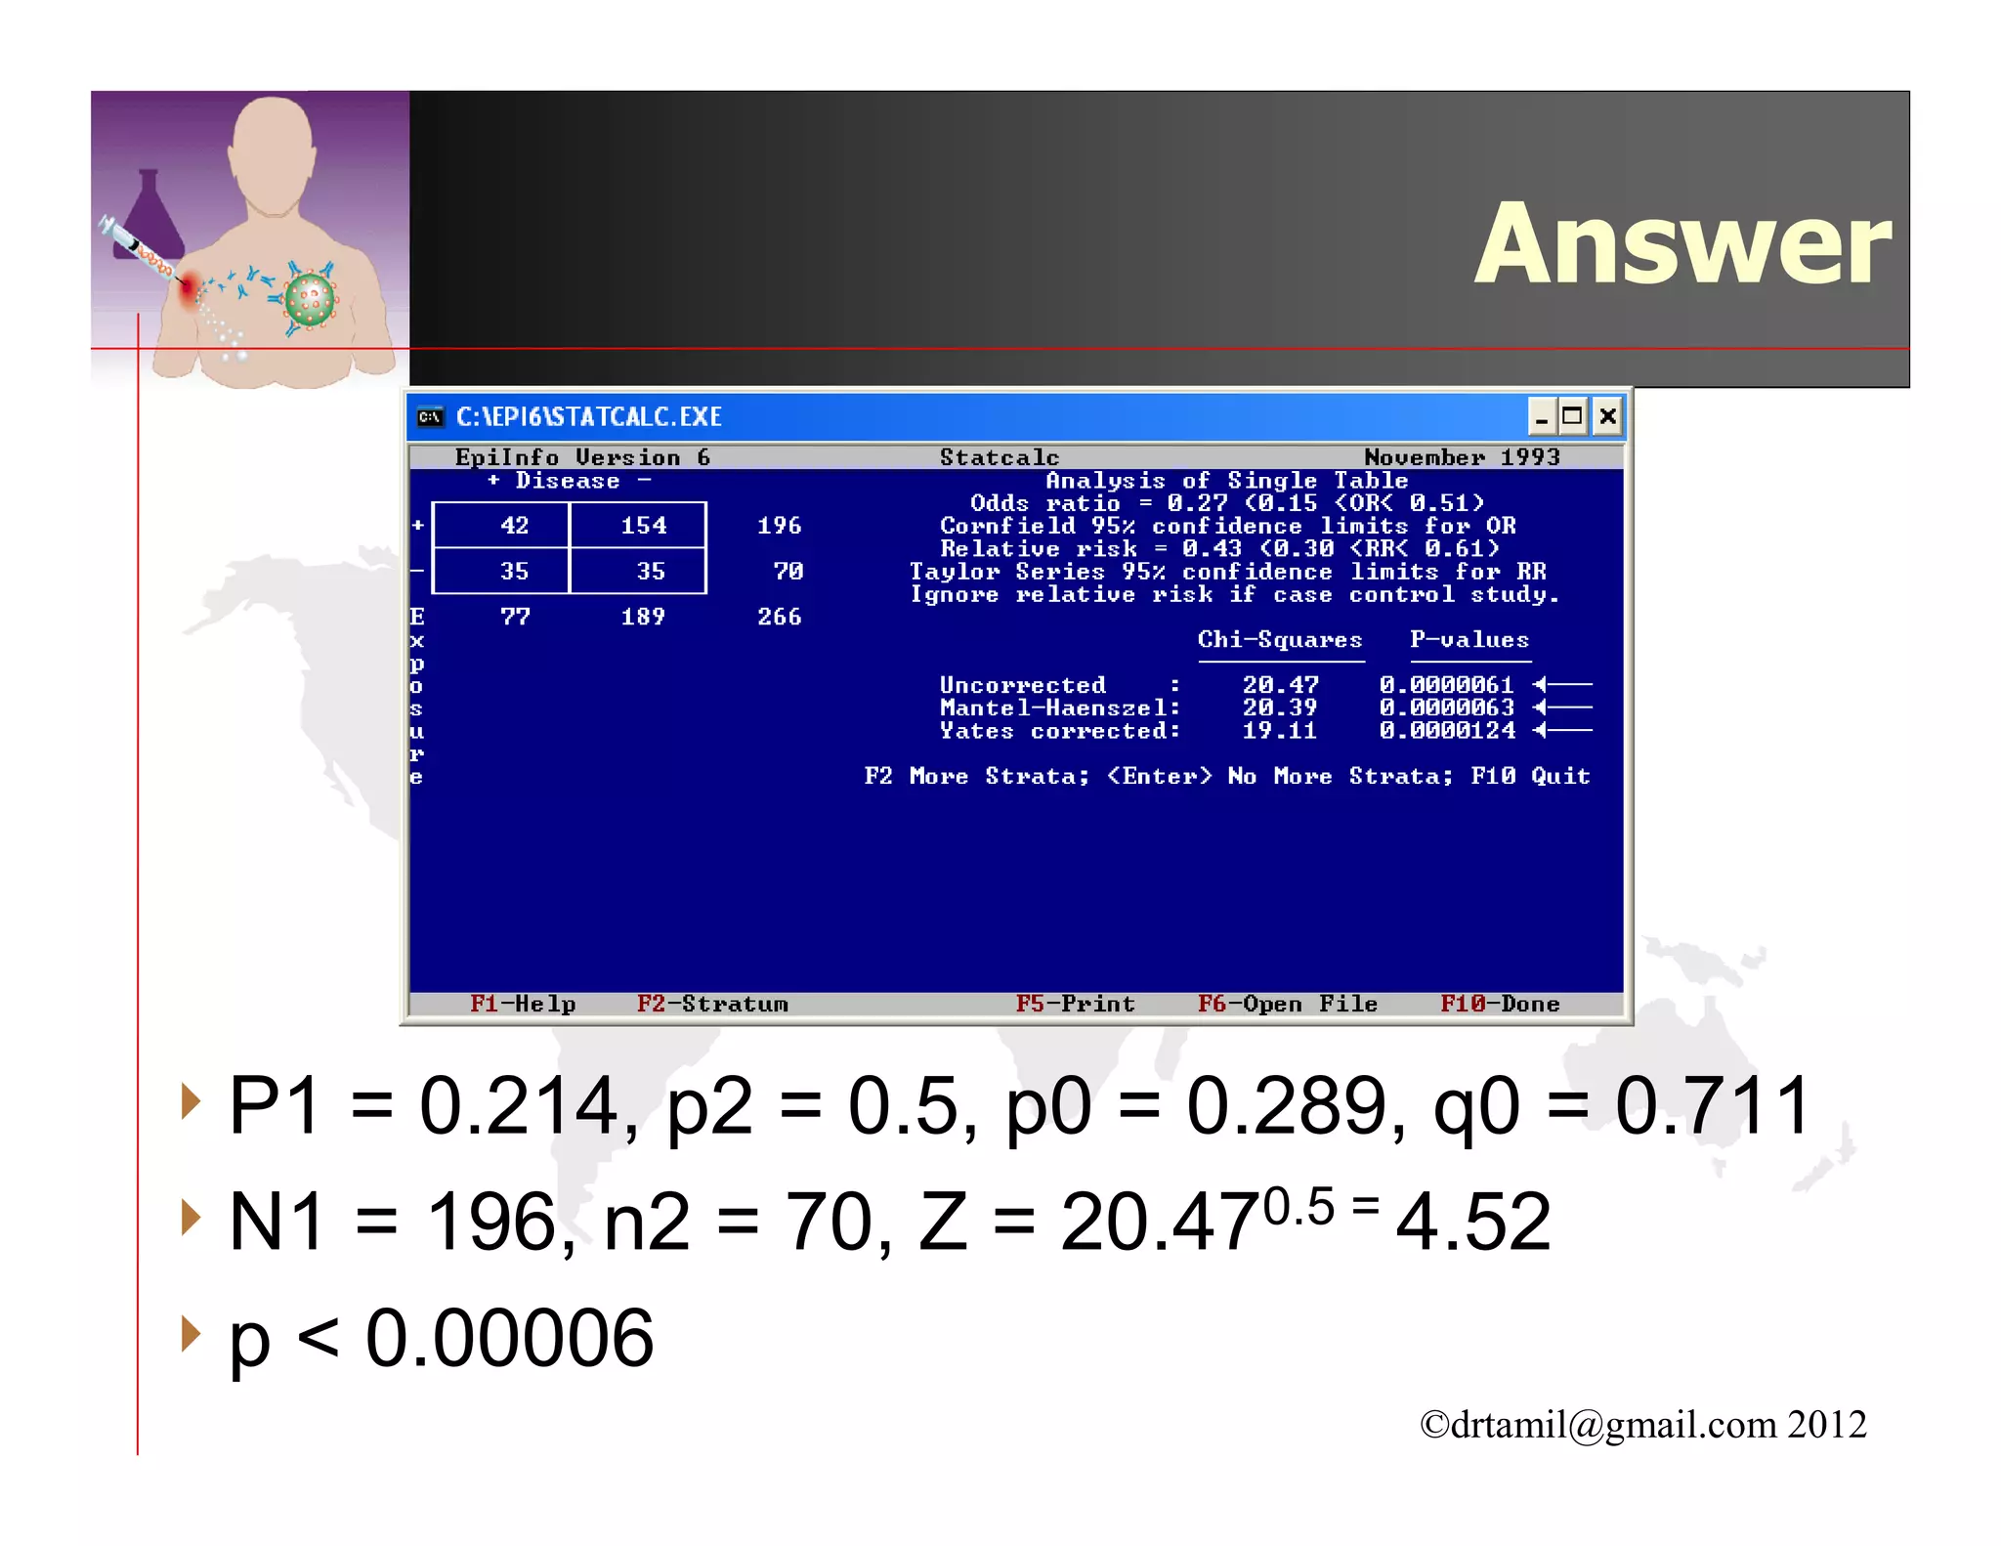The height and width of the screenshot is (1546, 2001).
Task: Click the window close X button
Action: pos(1607,417)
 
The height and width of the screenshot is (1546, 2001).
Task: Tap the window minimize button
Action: pos(1541,417)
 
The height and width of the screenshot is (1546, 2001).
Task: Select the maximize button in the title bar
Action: pos(1572,417)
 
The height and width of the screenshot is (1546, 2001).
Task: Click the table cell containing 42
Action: pos(514,526)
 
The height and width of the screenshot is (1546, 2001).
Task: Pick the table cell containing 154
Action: pos(644,526)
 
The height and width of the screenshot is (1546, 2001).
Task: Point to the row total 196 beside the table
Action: pos(779,526)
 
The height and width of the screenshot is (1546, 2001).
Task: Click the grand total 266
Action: pos(779,617)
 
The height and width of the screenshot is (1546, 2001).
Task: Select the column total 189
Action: pos(643,617)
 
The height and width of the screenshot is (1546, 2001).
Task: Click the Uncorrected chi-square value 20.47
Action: pos(1280,685)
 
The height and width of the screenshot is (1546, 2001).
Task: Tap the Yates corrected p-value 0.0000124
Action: pos(1447,731)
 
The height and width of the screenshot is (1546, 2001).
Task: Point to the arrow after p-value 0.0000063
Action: pos(1562,708)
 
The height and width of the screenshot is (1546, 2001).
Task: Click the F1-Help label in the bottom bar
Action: pos(523,1004)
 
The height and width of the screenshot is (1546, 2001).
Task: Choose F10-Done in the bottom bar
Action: pos(1500,1004)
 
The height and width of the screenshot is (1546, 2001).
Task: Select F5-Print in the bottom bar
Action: pos(1075,1004)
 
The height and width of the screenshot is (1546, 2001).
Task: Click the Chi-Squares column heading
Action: pos(1280,640)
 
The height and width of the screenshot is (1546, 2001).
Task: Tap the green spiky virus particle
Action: pos(311,300)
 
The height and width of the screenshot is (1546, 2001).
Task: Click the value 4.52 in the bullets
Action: pos(1472,1222)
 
